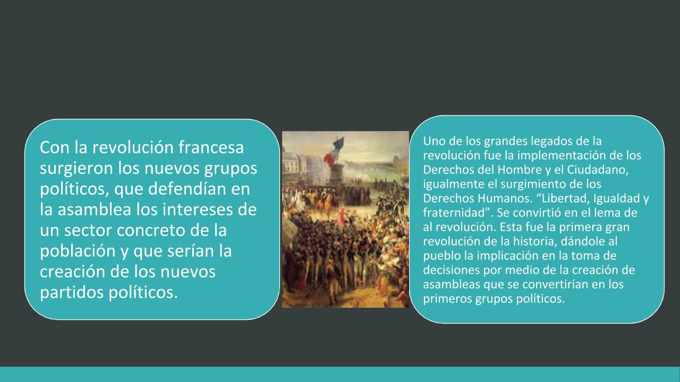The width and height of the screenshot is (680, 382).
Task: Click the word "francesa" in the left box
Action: [211, 147]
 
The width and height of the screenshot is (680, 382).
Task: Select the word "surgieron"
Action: [76, 169]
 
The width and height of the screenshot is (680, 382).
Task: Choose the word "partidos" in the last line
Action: [72, 292]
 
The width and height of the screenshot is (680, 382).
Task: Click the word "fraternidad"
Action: [454, 213]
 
